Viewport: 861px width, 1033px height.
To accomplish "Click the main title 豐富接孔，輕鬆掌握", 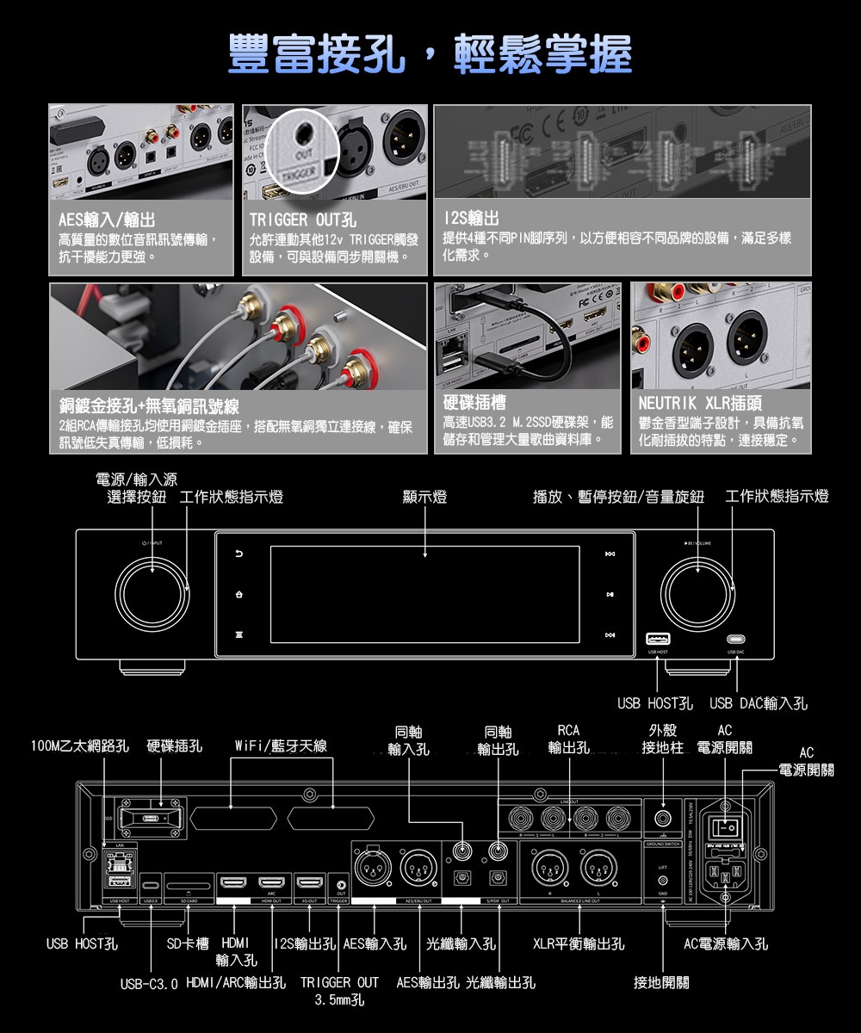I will (430, 54).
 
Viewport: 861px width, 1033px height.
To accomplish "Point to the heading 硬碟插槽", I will (474, 403).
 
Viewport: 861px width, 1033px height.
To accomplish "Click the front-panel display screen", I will (425, 594).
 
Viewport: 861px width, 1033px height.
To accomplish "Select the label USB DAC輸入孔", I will (759, 704).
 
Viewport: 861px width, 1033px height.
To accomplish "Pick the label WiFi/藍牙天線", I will (281, 745).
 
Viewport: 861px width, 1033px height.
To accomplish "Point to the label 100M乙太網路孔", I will (79, 745).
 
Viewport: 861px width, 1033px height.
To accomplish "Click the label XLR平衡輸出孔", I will (579, 944).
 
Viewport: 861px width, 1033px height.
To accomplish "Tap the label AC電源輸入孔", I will (726, 944).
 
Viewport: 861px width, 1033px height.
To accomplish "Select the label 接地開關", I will (661, 982).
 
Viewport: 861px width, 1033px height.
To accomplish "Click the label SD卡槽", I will (189, 944).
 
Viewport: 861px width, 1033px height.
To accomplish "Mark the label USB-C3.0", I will (149, 982).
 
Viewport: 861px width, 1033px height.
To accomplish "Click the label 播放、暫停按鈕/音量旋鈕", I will (618, 497).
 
